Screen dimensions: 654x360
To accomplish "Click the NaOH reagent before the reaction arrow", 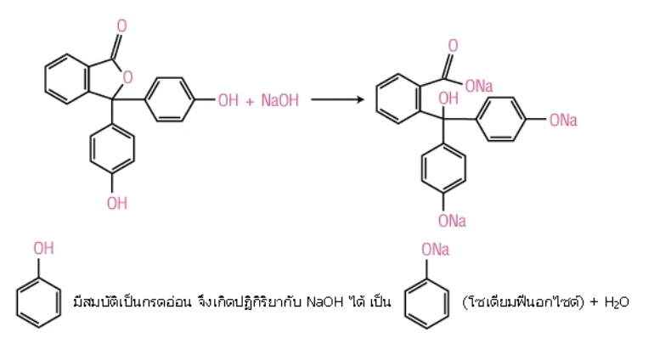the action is click(x=280, y=100).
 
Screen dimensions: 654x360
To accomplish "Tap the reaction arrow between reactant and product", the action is click(x=337, y=99).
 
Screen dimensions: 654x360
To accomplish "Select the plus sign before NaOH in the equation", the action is click(x=250, y=101).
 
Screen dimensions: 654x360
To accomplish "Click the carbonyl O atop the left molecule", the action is click(x=121, y=25).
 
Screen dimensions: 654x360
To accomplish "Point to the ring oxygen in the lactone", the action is click(x=127, y=77).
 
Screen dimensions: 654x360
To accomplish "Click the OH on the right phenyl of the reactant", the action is click(x=228, y=100).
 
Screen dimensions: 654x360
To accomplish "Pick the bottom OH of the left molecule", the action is click(x=117, y=204).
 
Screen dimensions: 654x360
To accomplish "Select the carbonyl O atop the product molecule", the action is click(x=453, y=46).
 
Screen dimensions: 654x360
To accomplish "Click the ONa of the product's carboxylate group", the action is click(x=479, y=87).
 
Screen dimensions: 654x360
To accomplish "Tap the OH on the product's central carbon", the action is click(x=448, y=98).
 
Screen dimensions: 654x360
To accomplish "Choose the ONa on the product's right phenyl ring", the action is click(x=563, y=121).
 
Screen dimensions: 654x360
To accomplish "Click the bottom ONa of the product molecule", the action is click(x=452, y=221).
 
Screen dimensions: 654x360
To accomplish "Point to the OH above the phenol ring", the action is click(x=44, y=249).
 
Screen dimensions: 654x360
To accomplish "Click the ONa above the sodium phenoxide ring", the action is click(x=436, y=250).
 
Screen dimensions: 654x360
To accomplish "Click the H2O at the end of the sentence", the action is click(x=617, y=302).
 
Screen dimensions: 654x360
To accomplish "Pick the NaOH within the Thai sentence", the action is click(x=324, y=301).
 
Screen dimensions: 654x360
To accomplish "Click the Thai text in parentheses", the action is click(x=523, y=301).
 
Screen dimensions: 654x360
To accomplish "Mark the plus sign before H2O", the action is click(x=595, y=302).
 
